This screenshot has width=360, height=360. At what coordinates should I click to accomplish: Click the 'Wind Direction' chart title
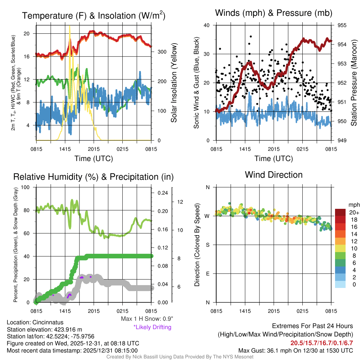[274, 175]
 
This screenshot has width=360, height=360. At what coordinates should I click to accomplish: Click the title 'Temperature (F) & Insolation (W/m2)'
[94, 16]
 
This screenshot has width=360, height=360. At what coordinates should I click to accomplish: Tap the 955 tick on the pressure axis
[342, 25]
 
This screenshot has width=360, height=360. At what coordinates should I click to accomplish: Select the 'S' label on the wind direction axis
[208, 245]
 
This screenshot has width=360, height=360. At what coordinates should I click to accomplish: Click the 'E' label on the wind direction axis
[208, 274]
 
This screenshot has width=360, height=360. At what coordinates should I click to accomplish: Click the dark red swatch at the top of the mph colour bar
[340, 212]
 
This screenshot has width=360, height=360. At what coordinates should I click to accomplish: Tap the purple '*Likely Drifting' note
[152, 327]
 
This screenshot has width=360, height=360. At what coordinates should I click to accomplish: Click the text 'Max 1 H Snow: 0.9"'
[147, 319]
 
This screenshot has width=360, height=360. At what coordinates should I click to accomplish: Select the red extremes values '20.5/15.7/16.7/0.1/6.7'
[321, 343]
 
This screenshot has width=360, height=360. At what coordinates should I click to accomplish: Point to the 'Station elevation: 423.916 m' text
[44, 329]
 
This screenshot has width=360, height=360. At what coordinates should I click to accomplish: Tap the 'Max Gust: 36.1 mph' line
[295, 350]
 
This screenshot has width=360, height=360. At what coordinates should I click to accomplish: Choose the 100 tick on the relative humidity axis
[26, 187]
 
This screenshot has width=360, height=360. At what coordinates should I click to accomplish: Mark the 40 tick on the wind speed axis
[207, 25]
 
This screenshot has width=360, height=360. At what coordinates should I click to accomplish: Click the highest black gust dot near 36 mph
[251, 36]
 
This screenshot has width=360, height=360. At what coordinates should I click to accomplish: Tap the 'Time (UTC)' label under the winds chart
[274, 159]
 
